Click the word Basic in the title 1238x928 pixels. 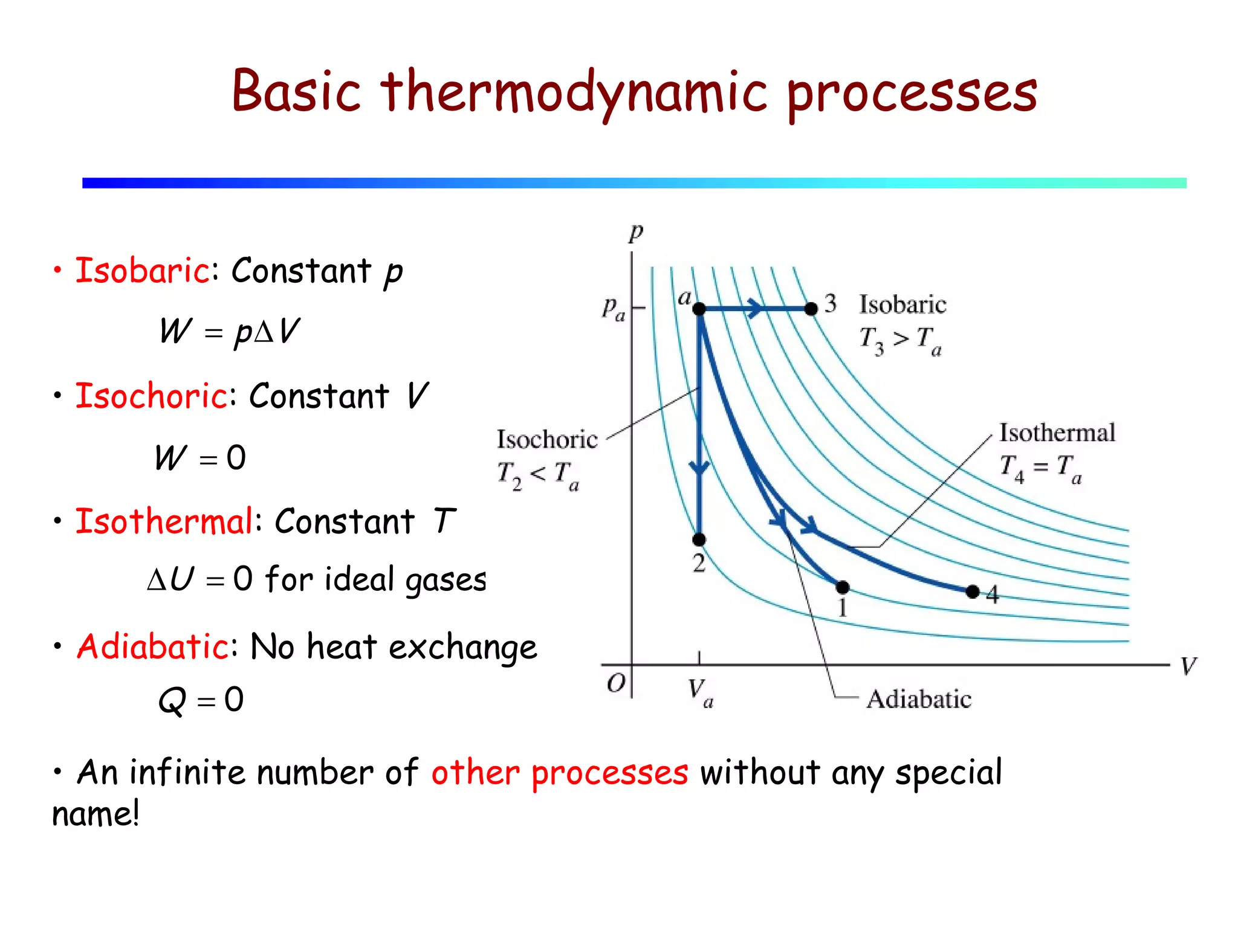tap(296, 92)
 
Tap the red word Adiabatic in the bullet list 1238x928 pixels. tap(152, 646)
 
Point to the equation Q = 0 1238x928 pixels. tap(201, 700)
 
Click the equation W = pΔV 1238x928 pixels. tap(230, 331)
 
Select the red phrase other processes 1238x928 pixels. tap(560, 773)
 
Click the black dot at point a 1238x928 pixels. tap(699, 309)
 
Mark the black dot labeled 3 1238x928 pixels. tap(811, 309)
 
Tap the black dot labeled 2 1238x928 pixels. tap(699, 539)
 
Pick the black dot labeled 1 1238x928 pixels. tap(843, 587)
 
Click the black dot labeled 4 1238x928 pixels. tap(973, 591)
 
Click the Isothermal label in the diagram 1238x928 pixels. tap(1057, 433)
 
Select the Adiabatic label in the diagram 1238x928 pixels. tap(919, 699)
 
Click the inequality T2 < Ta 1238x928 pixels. tap(538, 475)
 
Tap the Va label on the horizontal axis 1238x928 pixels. tap(700, 692)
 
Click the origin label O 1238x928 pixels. tap(616, 683)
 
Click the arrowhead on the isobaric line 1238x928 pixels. tap(754, 308)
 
